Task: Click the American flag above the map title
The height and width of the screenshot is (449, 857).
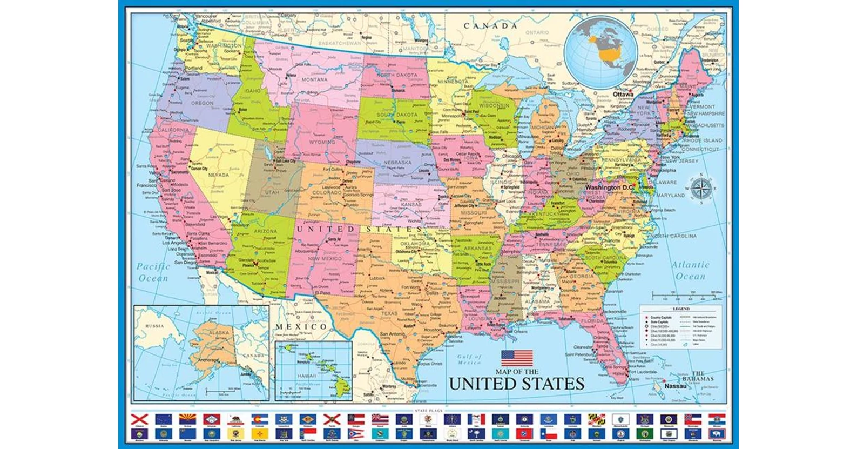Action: pos(517,358)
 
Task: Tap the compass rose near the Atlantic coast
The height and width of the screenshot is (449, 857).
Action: pos(701,188)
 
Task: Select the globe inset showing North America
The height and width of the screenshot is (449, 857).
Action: pos(601,50)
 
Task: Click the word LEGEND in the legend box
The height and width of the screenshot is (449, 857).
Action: pos(681,309)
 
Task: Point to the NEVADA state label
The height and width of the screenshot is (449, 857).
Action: pos(218,175)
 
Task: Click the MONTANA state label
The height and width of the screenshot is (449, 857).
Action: pos(314,79)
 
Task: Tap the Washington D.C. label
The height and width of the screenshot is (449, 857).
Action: pos(609,187)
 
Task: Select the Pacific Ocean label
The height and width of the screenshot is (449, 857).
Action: pos(153,272)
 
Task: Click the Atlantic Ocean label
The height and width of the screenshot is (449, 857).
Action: pos(690,270)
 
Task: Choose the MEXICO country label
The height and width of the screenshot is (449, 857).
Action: pos(301,326)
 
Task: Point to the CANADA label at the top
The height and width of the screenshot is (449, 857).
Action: pos(490,25)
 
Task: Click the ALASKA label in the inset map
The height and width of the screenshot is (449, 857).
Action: pos(219,333)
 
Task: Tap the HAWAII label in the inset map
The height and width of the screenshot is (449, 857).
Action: pos(307,376)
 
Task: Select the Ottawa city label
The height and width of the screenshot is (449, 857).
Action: pos(623,94)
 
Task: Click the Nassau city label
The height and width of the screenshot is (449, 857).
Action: pos(676,386)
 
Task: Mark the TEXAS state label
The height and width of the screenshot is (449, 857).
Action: pos(389,313)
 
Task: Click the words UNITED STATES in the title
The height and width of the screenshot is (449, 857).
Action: pos(517,384)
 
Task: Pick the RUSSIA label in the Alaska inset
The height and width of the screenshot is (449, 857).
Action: pos(154,326)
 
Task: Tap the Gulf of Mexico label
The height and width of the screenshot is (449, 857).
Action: pos(469,359)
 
